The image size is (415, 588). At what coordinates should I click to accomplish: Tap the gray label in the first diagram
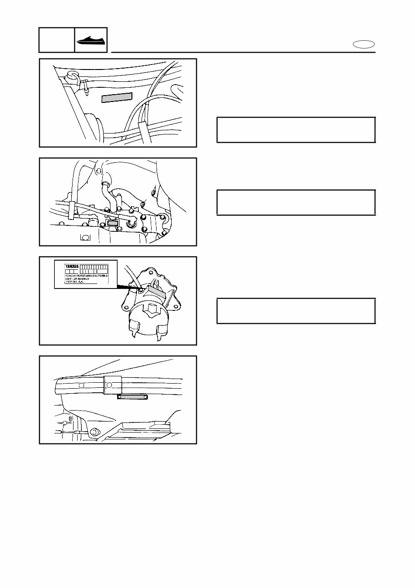tap(116, 97)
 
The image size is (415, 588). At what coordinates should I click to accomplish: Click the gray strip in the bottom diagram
tap(132, 397)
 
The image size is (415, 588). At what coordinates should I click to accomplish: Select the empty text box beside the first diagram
tap(296, 130)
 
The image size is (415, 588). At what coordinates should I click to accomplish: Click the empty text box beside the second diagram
tap(296, 202)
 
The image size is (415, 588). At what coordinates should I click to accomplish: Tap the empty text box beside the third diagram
tap(296, 311)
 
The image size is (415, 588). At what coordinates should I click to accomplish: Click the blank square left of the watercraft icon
tap(57, 40)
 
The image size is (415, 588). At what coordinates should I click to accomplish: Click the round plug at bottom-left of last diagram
tap(95, 432)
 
